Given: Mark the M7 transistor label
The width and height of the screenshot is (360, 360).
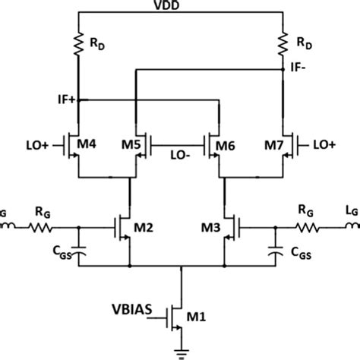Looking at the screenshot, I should [x=275, y=144].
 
